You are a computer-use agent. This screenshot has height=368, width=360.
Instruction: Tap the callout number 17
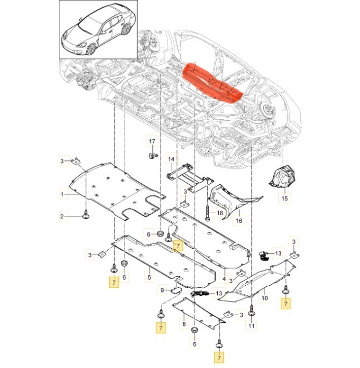[x=152, y=141]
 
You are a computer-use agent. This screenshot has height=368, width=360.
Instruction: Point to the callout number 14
[x=171, y=160]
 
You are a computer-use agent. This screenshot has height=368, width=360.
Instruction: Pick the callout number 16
[x=239, y=221]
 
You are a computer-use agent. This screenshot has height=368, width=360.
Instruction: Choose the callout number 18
[x=220, y=213]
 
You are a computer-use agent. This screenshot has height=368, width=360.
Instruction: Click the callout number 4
[x=225, y=278]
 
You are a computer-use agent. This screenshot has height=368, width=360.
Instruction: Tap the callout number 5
[x=150, y=278]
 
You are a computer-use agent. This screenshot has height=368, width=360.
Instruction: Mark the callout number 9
[x=162, y=290]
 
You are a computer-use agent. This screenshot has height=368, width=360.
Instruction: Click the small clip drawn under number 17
[x=152, y=154]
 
